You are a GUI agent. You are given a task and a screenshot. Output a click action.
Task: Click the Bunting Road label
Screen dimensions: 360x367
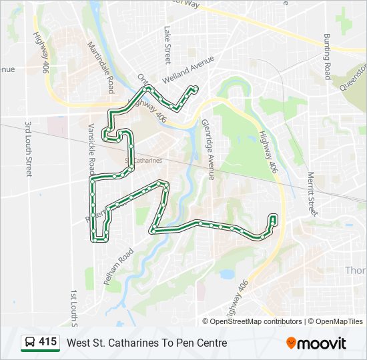(327, 57)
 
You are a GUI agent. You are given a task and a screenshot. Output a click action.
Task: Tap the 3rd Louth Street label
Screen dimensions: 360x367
(29, 149)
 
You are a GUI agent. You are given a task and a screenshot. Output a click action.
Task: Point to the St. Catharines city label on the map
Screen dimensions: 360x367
(143, 161)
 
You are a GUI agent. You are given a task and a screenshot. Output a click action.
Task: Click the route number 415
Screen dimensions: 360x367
(47, 342)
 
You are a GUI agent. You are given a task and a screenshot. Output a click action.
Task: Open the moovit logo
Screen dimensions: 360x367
(316, 343)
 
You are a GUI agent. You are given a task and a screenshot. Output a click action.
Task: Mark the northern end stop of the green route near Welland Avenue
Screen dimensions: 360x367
(195, 88)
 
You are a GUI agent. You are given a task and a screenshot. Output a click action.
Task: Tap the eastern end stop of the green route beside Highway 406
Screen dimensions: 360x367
(273, 217)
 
